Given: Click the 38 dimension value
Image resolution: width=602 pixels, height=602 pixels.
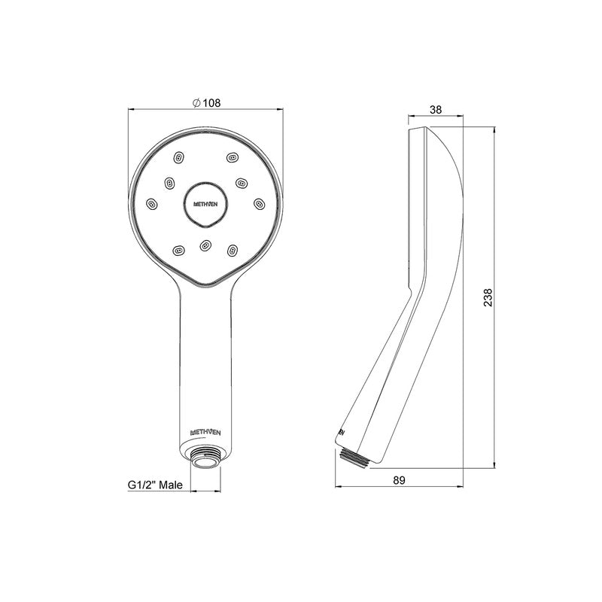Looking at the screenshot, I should (x=436, y=109).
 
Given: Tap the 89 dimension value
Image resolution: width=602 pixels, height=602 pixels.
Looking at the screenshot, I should (x=399, y=481).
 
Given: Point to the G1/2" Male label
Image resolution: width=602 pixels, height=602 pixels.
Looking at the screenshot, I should (x=155, y=485).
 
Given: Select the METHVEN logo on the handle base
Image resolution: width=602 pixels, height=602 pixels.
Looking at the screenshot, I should (x=205, y=432).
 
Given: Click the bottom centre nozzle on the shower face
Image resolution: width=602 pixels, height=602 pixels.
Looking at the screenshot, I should (x=205, y=245).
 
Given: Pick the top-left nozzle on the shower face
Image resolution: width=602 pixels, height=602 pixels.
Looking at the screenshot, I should (x=179, y=157).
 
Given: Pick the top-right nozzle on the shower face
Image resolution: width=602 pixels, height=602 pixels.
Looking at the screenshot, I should (x=231, y=157).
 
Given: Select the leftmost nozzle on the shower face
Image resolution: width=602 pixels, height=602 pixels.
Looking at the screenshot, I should (x=151, y=203).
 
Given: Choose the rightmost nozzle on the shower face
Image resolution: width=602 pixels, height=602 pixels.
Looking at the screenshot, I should (x=259, y=203).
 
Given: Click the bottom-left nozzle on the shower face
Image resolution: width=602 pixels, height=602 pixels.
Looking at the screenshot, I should (x=179, y=250).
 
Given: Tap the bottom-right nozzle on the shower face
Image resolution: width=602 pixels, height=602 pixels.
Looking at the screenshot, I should (x=231, y=250).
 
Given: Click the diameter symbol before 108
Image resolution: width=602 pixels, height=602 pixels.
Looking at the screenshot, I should (x=196, y=102).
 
